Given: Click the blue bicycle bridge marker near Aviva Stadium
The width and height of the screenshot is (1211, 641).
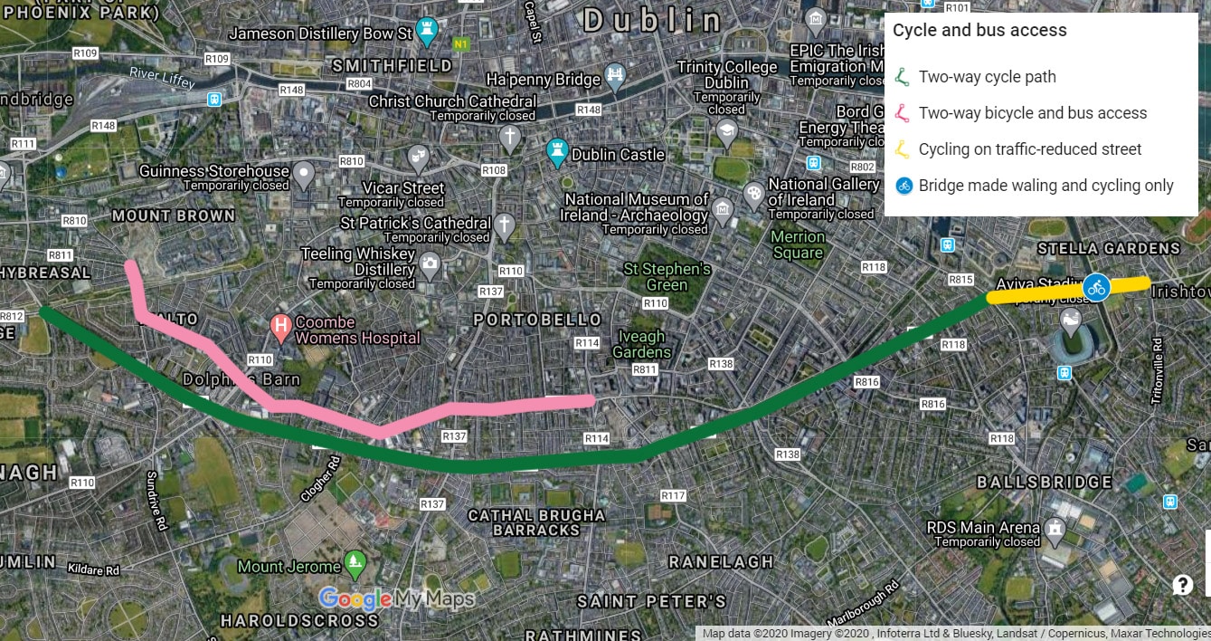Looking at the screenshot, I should point(1096,288).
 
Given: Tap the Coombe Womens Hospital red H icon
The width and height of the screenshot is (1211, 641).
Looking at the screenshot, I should point(281,323).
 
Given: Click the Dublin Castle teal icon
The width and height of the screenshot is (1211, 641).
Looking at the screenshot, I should point(557,151).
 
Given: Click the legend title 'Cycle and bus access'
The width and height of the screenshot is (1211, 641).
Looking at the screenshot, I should point(979,31).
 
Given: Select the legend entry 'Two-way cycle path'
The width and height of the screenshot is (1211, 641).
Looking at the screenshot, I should point(987,77).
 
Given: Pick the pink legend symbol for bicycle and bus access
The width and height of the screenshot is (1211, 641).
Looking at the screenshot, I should point(902,113).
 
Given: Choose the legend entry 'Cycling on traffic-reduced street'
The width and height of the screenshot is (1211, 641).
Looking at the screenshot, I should point(1029,149).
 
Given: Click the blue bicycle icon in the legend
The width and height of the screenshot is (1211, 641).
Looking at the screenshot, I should point(903,186).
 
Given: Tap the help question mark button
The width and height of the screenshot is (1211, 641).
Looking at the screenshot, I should point(1182,585).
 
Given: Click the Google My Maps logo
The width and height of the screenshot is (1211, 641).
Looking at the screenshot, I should point(396,598).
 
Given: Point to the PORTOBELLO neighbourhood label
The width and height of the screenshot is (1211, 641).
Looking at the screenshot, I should point(537,320).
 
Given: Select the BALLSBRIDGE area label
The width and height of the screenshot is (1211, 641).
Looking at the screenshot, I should point(1045,482).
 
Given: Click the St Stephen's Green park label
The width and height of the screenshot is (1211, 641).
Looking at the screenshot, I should point(667,277).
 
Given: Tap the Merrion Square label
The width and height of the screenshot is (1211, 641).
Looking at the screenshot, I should point(798,244).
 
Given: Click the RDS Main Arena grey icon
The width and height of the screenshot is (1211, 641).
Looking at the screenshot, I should point(1054,527).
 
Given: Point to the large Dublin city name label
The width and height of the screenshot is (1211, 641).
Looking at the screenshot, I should point(653,20).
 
